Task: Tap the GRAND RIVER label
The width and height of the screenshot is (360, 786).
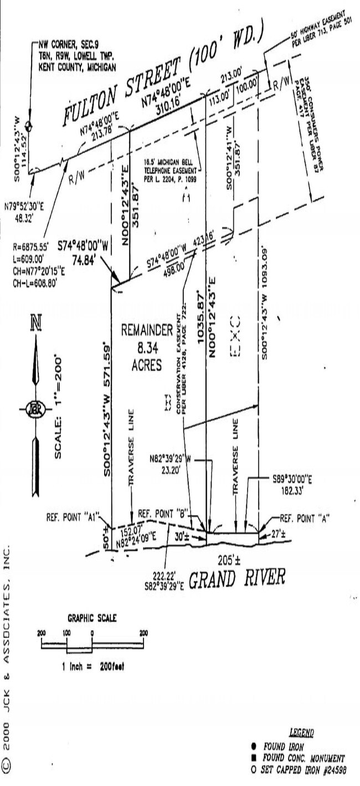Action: pyautogui.click(x=237, y=579)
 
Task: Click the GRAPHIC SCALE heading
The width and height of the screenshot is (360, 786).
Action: pyautogui.click(x=91, y=618)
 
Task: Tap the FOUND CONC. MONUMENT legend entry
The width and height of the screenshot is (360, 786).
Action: pyautogui.click(x=304, y=757)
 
